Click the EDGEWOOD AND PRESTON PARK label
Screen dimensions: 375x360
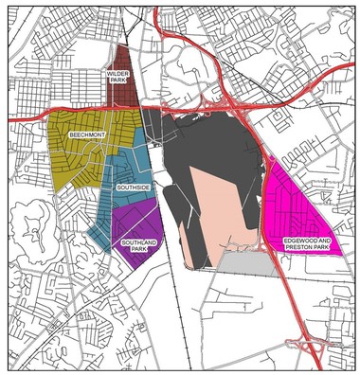tap(306, 244)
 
